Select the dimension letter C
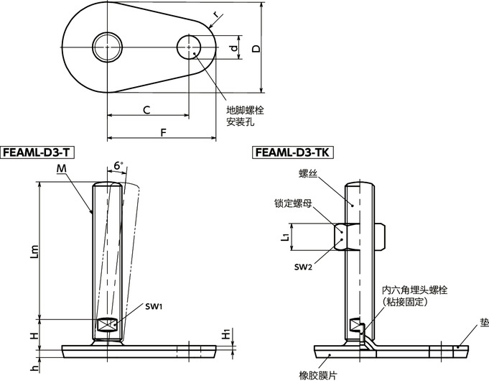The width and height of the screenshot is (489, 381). (x=146, y=110)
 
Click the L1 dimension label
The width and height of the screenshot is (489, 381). (x=285, y=235)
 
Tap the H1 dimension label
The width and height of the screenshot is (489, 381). (x=225, y=334)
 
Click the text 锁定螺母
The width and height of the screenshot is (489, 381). (x=292, y=203)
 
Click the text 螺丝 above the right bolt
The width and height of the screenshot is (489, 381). (x=308, y=173)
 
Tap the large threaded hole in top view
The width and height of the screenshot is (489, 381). (x=107, y=47)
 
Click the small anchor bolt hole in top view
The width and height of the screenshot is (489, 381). (x=190, y=47)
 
